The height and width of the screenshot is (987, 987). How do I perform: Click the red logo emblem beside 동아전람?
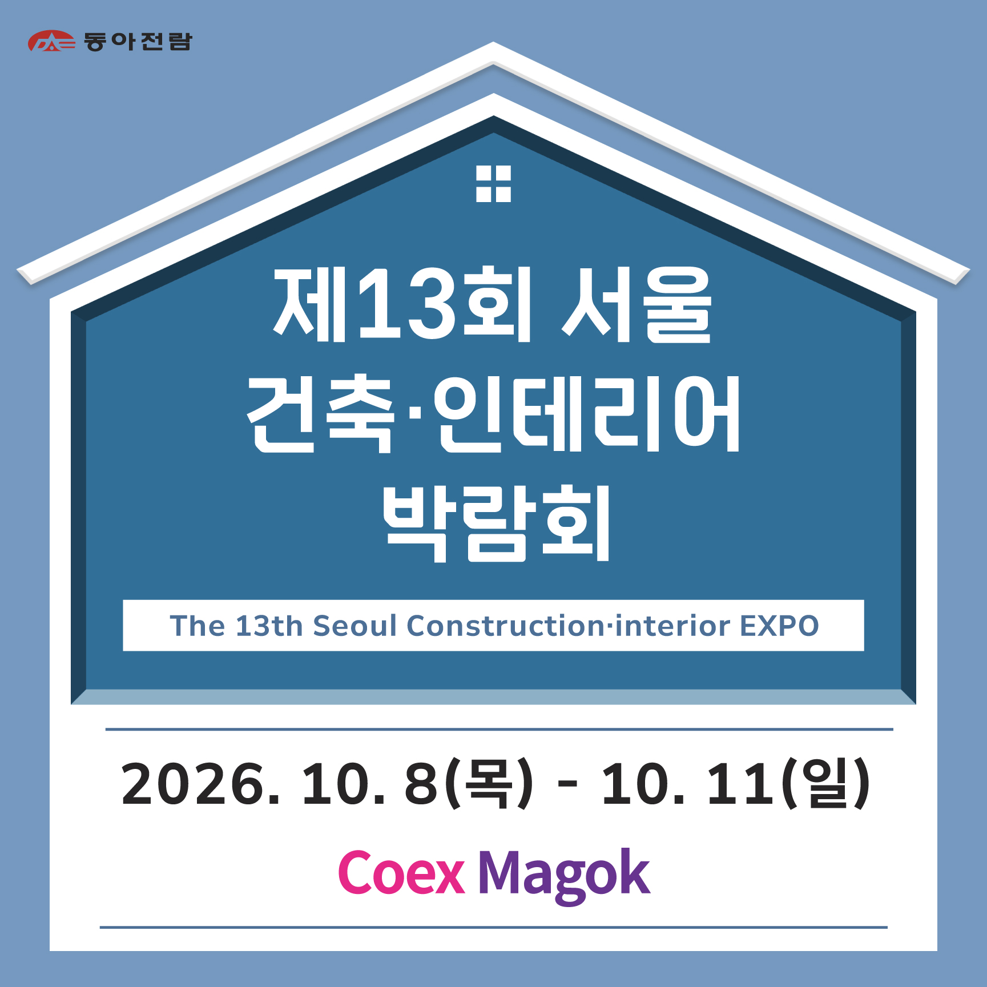[x=51, y=41]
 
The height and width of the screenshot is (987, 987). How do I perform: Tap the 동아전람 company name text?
[x=138, y=41]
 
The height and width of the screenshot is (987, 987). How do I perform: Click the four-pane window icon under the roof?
[x=493, y=184]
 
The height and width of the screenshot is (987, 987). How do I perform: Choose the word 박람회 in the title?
[x=496, y=523]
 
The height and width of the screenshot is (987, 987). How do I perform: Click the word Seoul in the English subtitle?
[x=354, y=626]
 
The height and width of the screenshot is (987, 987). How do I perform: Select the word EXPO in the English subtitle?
[x=779, y=626]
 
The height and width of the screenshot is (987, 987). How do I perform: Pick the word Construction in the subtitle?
[x=505, y=626]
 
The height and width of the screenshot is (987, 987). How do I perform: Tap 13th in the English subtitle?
[x=269, y=626]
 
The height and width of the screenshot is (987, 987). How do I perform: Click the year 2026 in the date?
[x=193, y=784]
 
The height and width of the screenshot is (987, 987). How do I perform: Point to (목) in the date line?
[x=489, y=784]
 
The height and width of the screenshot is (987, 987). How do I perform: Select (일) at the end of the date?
[x=825, y=784]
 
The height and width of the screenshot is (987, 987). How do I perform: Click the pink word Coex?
[x=401, y=872]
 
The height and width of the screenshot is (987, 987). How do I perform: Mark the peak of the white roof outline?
[x=493, y=42]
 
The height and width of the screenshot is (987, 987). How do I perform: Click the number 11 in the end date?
[x=740, y=784]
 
